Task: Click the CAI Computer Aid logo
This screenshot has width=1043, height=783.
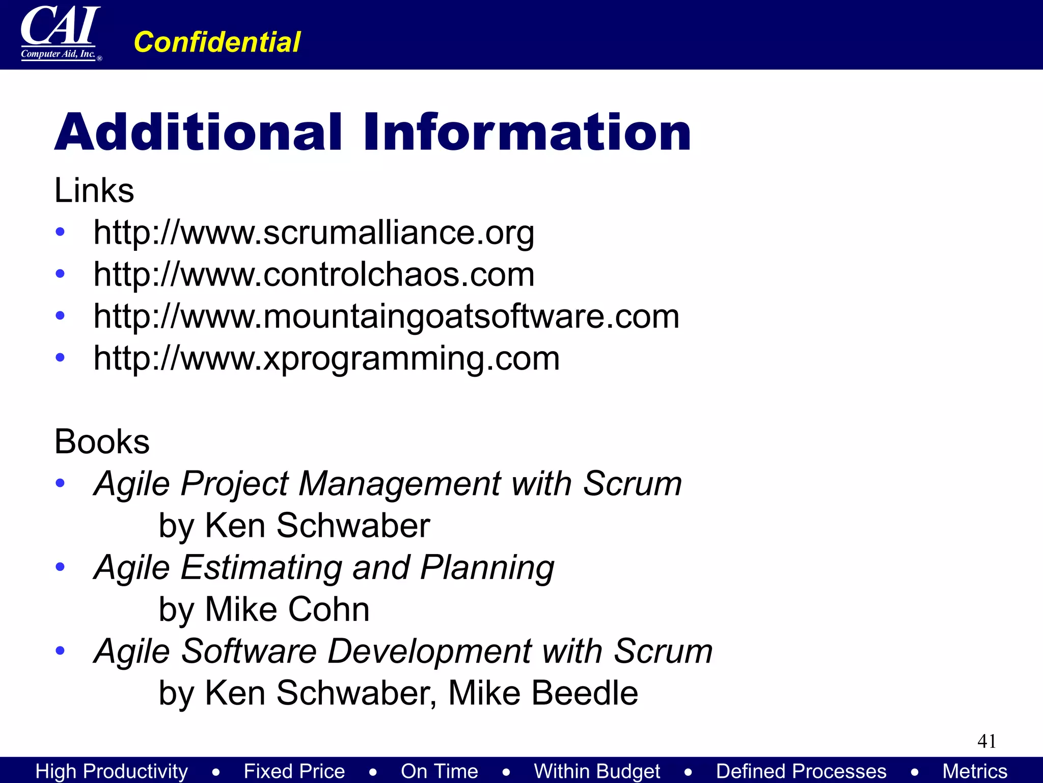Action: pyautogui.click(x=60, y=34)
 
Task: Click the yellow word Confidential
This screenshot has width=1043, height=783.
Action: pyautogui.click(x=217, y=42)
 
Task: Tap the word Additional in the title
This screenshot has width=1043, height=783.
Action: pyautogui.click(x=198, y=132)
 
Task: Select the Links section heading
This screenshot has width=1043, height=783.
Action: pyautogui.click(x=94, y=191)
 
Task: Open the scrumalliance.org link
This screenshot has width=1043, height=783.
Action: pyautogui.click(x=314, y=233)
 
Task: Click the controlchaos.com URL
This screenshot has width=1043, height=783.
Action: pyautogui.click(x=314, y=275)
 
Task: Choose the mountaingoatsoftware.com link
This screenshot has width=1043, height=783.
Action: pyautogui.click(x=386, y=317)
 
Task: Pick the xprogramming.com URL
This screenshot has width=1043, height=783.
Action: pyautogui.click(x=326, y=358)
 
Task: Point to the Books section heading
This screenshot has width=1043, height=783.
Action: pyautogui.click(x=102, y=441)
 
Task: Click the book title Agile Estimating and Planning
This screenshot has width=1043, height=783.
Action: pyautogui.click(x=324, y=567)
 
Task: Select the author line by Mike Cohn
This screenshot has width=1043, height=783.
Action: pyautogui.click(x=264, y=609)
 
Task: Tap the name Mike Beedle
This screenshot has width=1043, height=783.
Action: pyautogui.click(x=543, y=693)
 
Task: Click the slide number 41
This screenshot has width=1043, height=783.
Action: pyautogui.click(x=986, y=741)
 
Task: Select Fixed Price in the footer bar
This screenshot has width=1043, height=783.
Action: pyautogui.click(x=294, y=771)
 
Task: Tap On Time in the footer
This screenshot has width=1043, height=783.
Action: pyautogui.click(x=439, y=771)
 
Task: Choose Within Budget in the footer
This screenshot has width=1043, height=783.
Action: pyautogui.click(x=597, y=771)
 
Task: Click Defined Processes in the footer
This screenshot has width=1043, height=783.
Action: pyautogui.click(x=801, y=771)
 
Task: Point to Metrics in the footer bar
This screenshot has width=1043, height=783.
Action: pyautogui.click(x=975, y=771)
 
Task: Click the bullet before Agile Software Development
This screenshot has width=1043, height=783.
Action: pyautogui.click(x=60, y=650)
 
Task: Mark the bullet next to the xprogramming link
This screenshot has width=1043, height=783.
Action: pyautogui.click(x=60, y=357)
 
